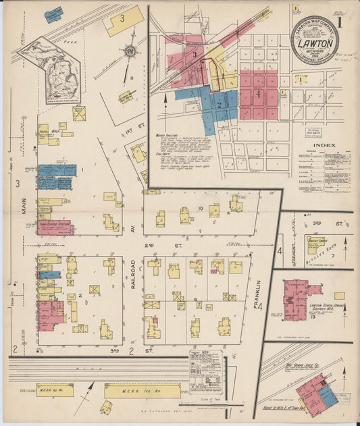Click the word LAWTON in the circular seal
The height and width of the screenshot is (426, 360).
tap(314, 41)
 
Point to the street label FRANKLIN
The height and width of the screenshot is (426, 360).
tap(258, 297)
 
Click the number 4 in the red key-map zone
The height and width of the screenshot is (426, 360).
tap(257, 95)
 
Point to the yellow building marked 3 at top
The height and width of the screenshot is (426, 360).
tap(123, 21)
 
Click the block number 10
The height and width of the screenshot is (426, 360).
tap(201, 209)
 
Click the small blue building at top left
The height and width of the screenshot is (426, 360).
tap(53, 13)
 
